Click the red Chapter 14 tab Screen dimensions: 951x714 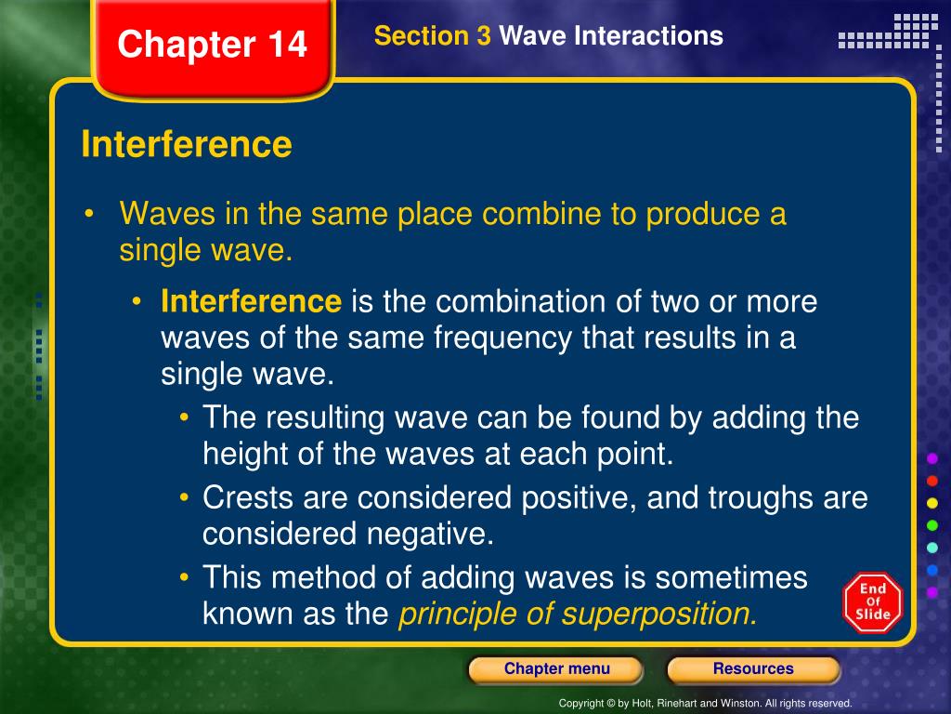(x=213, y=47)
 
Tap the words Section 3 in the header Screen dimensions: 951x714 (x=433, y=36)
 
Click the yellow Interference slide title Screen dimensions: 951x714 (x=187, y=144)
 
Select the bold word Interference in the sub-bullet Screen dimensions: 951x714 (x=251, y=301)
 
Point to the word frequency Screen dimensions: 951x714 (x=502, y=338)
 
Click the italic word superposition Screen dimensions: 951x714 (x=659, y=615)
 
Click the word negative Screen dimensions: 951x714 (x=430, y=535)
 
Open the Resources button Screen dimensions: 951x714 (x=753, y=669)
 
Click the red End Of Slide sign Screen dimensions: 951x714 (x=873, y=602)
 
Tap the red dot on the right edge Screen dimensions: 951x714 (x=932, y=481)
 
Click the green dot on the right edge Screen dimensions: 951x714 (x=932, y=525)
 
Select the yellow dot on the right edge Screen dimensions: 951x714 (x=932, y=503)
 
